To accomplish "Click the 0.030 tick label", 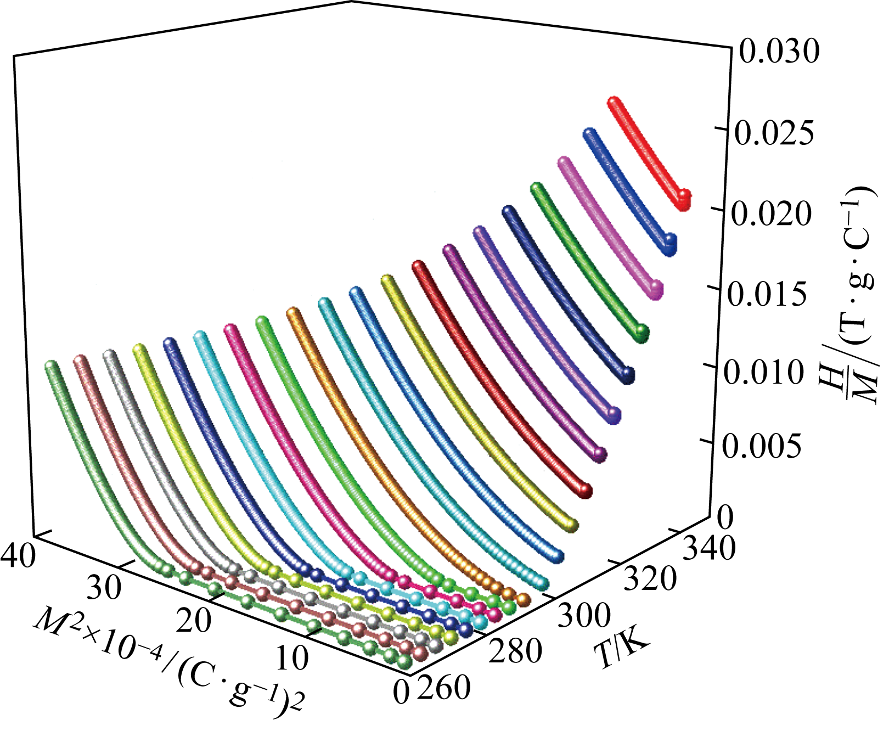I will [x=778, y=53].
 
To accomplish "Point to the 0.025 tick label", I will [x=774, y=133].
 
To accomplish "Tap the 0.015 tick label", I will [x=767, y=293].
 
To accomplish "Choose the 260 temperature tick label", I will [x=443, y=687].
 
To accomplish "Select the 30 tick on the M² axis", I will [x=104, y=588].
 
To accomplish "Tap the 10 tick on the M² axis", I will [x=291, y=657].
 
